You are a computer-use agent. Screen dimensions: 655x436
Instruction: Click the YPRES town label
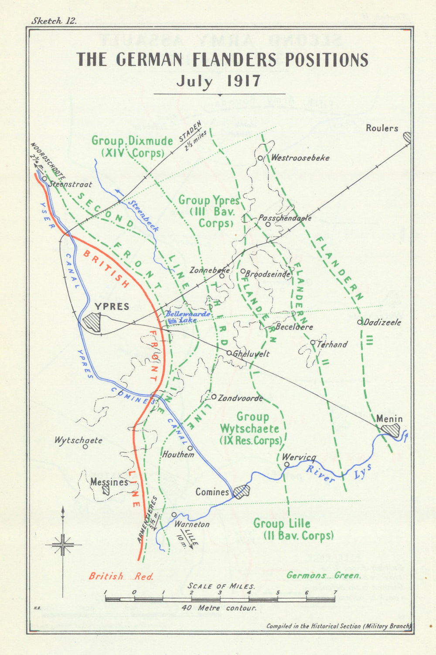coord(112,307)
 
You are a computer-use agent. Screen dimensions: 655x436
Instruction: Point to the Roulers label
coord(382,128)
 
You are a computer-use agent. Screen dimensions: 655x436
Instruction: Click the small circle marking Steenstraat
coord(44,178)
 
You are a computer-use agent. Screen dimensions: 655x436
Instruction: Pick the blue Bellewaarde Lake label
coord(188,317)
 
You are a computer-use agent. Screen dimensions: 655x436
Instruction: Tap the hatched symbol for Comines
coord(241,491)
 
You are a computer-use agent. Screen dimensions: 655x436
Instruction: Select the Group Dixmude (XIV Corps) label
coord(132,147)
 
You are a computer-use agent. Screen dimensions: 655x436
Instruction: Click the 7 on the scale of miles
coord(335,592)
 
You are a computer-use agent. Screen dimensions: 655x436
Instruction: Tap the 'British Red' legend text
coord(121,576)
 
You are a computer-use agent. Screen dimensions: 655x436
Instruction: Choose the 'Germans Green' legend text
coord(324,575)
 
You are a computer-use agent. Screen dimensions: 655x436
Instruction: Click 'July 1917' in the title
coord(218,81)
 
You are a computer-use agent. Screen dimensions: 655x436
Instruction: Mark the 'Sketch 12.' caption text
coord(54,20)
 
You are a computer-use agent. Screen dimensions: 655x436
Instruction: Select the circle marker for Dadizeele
coord(360,322)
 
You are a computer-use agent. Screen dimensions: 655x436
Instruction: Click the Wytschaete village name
coord(78,440)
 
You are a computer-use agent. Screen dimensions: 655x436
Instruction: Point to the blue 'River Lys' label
coord(337,473)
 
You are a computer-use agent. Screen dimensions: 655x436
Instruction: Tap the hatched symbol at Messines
coord(106,490)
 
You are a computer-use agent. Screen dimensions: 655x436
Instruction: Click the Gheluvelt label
coord(251,354)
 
